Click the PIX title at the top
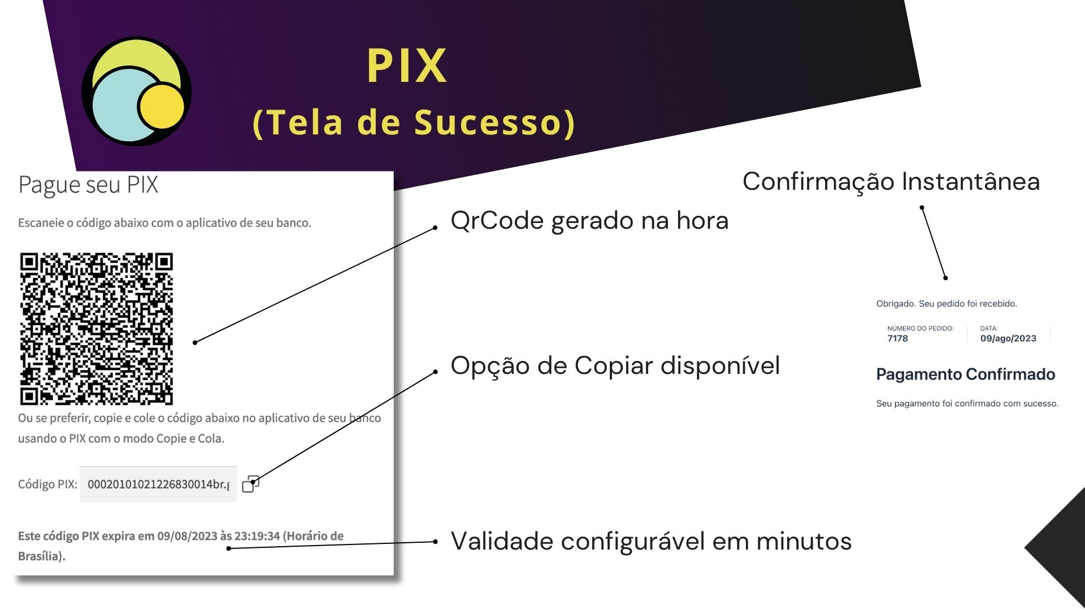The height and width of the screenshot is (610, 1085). pyautogui.click(x=407, y=66)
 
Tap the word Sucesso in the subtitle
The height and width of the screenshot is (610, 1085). pyautogui.click(x=489, y=122)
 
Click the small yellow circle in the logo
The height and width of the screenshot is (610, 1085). pyautogui.click(x=162, y=106)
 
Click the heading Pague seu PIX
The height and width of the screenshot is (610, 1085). pyautogui.click(x=88, y=185)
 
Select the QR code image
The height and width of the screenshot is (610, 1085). pyautogui.click(x=97, y=329)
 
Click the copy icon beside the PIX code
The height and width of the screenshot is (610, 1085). pyautogui.click(x=250, y=484)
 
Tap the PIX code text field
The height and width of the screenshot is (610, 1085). pyautogui.click(x=158, y=484)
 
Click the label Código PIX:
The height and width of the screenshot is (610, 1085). pyautogui.click(x=47, y=484)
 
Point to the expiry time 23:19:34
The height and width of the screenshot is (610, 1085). pyautogui.click(x=257, y=536)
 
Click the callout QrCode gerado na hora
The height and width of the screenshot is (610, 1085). pyautogui.click(x=589, y=221)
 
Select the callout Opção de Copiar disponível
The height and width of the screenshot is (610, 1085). pyautogui.click(x=615, y=366)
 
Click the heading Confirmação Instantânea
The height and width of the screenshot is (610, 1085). pyautogui.click(x=891, y=182)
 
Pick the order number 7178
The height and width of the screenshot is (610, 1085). pyautogui.click(x=897, y=338)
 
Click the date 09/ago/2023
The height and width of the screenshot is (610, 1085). pyautogui.click(x=1008, y=338)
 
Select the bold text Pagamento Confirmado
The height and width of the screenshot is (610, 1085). pyautogui.click(x=965, y=374)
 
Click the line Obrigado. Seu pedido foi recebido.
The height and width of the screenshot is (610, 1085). pyautogui.click(x=947, y=304)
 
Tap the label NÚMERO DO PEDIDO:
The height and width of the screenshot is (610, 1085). pyautogui.click(x=920, y=328)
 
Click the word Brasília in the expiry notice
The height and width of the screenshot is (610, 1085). pyautogui.click(x=40, y=556)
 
